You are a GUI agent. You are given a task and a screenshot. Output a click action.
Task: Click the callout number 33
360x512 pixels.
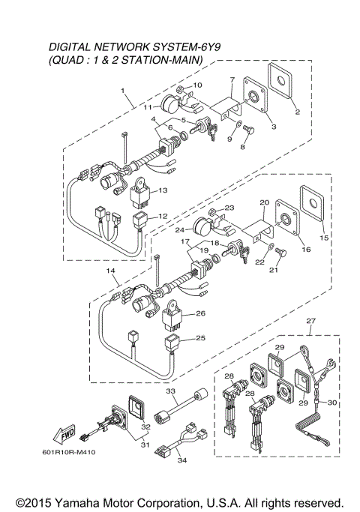tap(170, 391)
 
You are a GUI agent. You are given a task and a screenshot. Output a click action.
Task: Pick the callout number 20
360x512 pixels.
tap(264, 202)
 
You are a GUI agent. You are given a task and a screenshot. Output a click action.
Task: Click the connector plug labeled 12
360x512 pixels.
tap(140, 220)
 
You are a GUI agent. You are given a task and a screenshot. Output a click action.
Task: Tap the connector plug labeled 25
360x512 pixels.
tap(174, 344)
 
